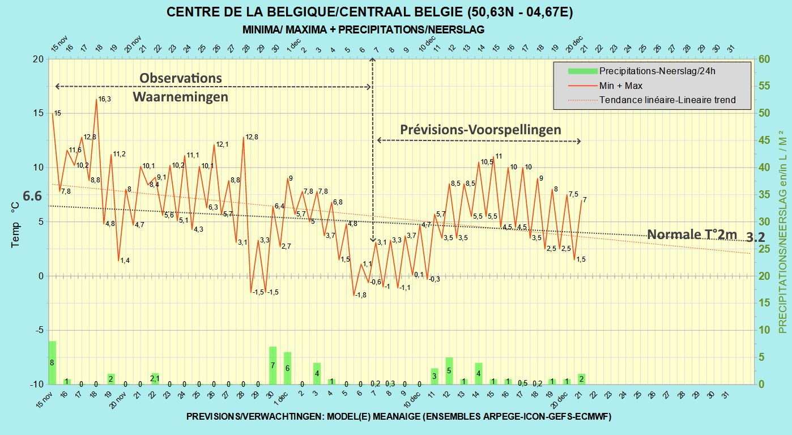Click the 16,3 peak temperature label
pos(104,99)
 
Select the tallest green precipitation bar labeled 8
pos(52,362)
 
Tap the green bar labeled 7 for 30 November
pos(272,365)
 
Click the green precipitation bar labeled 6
pos(287,368)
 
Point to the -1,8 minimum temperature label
pos(361,295)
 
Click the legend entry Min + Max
pos(605,86)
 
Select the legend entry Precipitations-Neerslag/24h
pos(641,71)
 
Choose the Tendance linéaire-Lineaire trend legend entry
pos(652,100)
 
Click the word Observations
pos(181,78)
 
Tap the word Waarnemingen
pos(180,96)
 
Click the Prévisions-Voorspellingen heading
pos(480,130)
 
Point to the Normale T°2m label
pos(692,234)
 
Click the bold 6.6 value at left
pos(32,196)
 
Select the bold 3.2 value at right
pos(756,237)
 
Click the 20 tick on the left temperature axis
pos(38,59)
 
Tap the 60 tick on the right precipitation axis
pos(764,59)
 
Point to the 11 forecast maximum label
pos(499,156)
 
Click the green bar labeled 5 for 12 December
pos(449,370)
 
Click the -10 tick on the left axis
pos(36,385)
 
